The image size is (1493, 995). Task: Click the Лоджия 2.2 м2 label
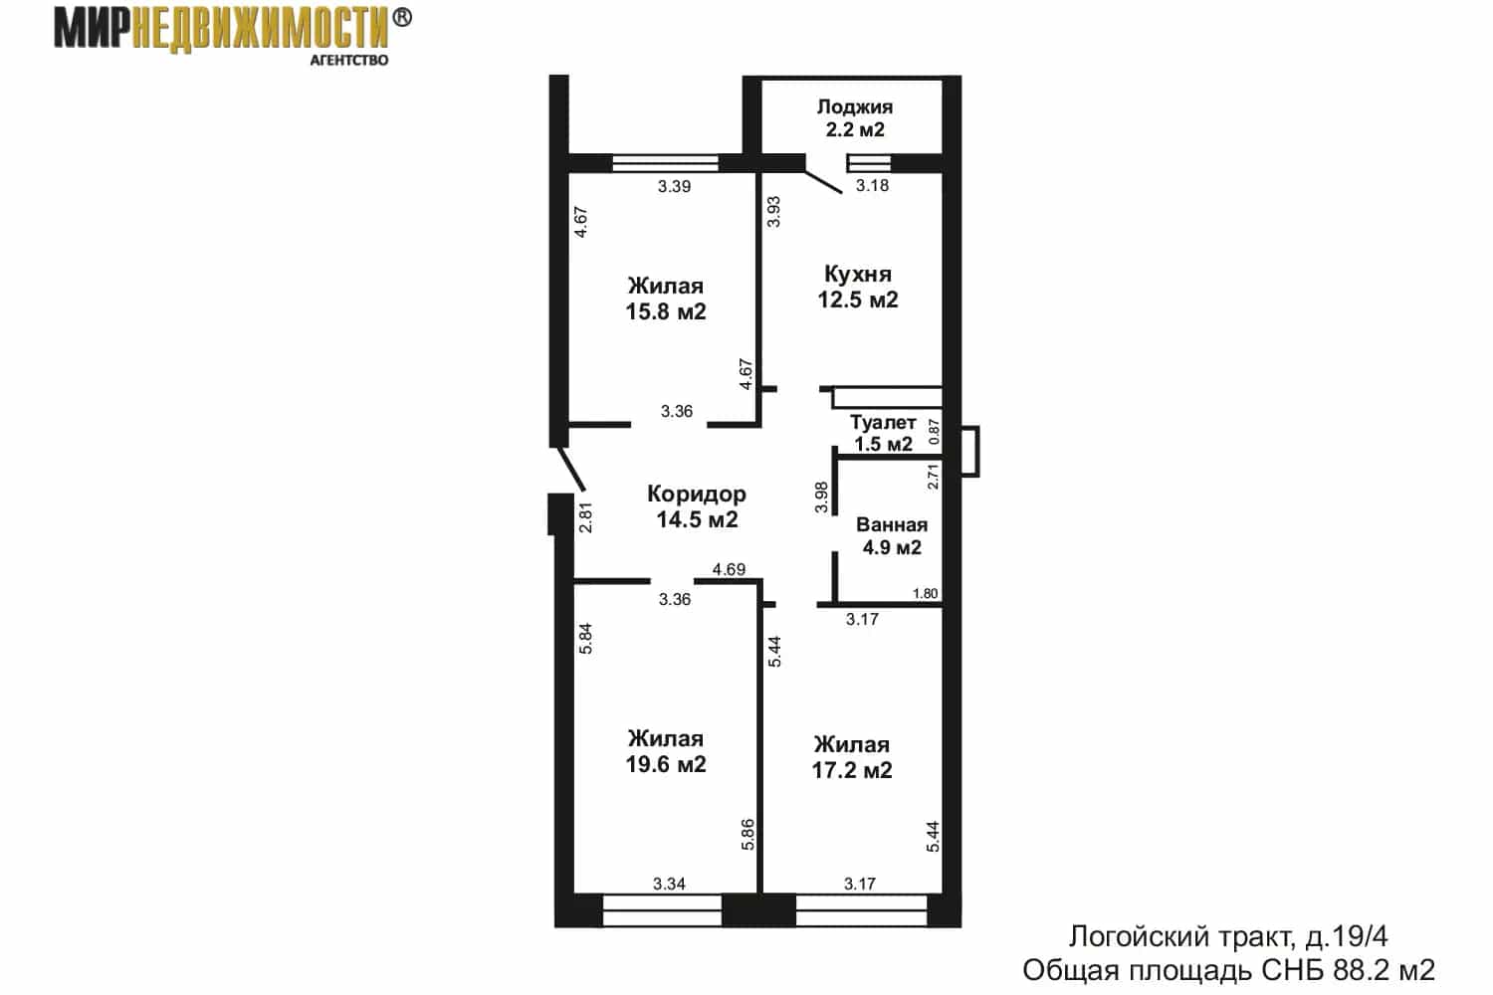[x=854, y=118]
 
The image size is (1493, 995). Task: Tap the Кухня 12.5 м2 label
[x=858, y=287]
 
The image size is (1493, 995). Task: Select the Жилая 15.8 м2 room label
[x=665, y=298]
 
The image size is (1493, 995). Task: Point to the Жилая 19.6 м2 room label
[x=665, y=751]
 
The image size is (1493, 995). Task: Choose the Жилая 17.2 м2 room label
[x=851, y=757]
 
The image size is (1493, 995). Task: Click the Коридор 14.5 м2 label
[x=697, y=506]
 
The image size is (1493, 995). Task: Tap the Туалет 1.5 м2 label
[x=883, y=433]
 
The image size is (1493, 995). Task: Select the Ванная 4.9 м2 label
[x=892, y=536]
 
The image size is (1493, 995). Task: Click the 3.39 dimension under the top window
[x=674, y=187]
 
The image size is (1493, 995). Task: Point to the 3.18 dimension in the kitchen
[x=872, y=185]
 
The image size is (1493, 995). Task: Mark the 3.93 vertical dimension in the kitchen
[x=773, y=211]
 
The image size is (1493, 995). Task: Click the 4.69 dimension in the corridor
[x=729, y=569]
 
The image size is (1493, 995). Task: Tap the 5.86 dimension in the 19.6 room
[x=747, y=834]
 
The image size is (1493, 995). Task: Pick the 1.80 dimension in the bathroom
[x=925, y=593]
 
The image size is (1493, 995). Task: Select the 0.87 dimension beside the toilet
[x=934, y=432]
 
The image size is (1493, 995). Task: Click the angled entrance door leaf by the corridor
[x=571, y=469]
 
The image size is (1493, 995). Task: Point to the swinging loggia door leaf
[x=823, y=182]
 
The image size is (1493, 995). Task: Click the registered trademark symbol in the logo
[x=401, y=17]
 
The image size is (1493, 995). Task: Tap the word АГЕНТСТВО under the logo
[x=349, y=60]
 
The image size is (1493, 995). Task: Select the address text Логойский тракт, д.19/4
[x=1228, y=937]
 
